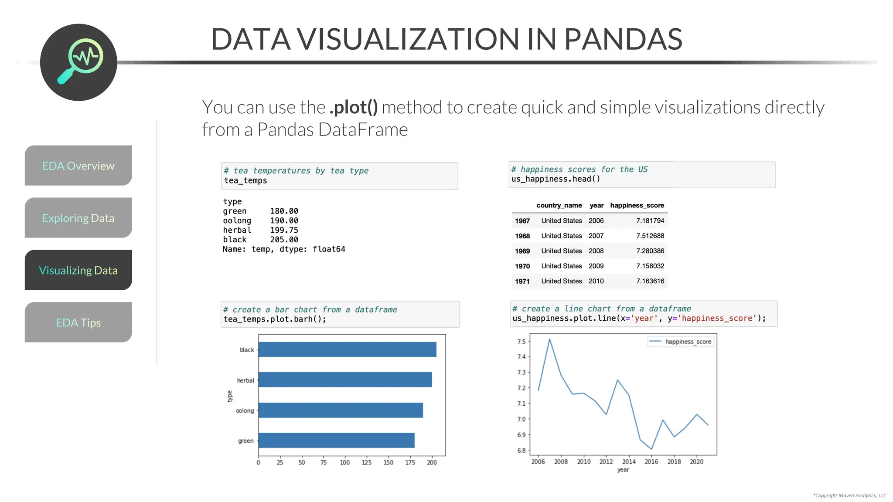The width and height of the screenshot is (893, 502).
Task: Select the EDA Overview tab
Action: [78, 166]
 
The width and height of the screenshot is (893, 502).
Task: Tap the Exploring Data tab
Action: [78, 218]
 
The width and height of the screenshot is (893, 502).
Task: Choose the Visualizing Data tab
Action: [78, 270]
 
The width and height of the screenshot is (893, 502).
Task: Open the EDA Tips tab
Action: [78, 322]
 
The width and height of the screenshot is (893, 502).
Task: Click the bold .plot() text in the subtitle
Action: [354, 108]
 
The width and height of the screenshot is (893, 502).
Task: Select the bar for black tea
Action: [347, 349]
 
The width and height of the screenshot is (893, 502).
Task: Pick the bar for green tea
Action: [336, 440]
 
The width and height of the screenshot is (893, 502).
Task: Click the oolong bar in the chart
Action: [341, 410]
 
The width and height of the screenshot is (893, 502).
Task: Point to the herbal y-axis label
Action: [245, 380]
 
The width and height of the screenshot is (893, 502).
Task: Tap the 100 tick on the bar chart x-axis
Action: [345, 462]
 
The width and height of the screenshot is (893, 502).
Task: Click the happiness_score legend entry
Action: [688, 342]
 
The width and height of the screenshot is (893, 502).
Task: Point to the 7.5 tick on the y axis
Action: [521, 342]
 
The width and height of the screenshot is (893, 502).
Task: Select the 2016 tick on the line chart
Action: [651, 461]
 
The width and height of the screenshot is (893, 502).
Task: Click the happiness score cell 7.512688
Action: [650, 236]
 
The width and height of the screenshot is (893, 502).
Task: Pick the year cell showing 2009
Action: [596, 266]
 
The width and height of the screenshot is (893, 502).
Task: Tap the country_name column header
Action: [559, 205]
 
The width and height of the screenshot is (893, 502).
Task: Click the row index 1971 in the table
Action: [522, 281]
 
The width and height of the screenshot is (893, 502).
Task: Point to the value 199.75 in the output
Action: [284, 230]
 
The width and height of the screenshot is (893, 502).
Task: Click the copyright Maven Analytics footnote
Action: [849, 495]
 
